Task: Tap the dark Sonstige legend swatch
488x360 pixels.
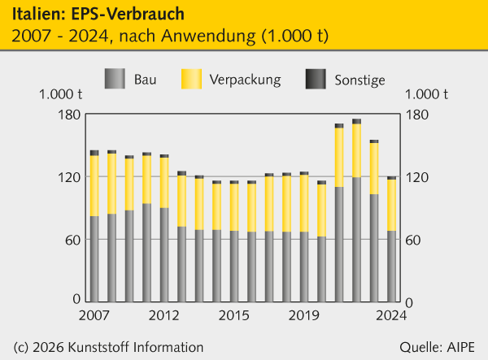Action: click(x=316, y=79)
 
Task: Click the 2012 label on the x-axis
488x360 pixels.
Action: click(x=164, y=315)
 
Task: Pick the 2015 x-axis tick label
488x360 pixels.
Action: click(x=234, y=315)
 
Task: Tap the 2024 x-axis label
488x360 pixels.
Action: click(x=391, y=315)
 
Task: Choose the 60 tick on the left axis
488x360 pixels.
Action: click(x=72, y=240)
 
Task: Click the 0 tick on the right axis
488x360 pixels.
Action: click(x=410, y=302)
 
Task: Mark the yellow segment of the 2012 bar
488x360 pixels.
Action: click(x=164, y=182)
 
